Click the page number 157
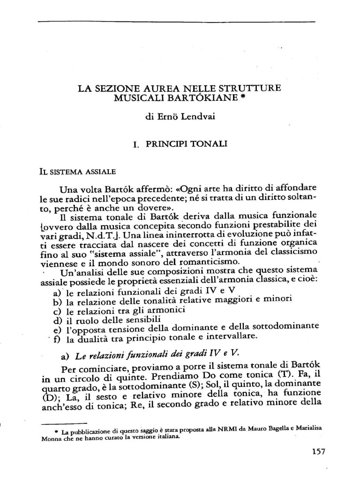318,452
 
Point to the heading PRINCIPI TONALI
186,144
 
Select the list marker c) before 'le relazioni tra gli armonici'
58,311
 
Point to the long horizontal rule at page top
176,22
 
